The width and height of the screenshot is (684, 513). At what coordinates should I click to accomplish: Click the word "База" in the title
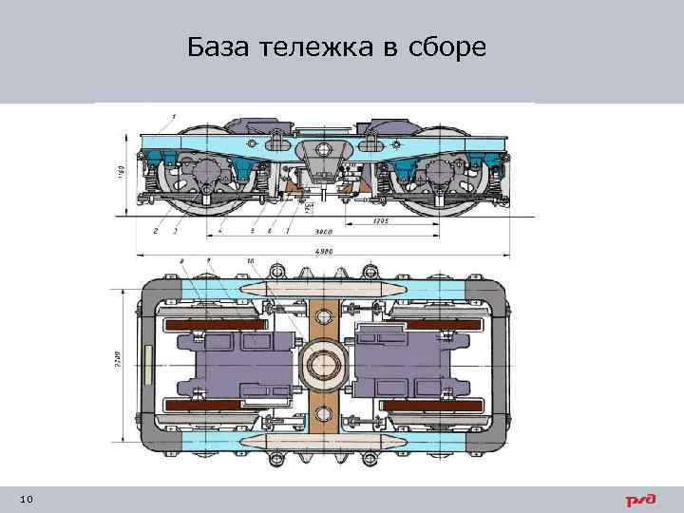pyautogui.click(x=218, y=47)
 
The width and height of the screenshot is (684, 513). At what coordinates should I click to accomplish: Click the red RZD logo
pyautogui.click(x=640, y=500)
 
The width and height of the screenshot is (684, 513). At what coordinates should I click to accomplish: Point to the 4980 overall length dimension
pyautogui.click(x=323, y=251)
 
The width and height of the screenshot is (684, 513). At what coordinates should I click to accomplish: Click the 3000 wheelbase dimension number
pyautogui.click(x=323, y=231)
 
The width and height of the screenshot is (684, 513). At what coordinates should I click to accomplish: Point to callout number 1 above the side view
pyautogui.click(x=174, y=115)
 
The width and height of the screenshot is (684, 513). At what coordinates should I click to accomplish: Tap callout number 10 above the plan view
pyautogui.click(x=250, y=260)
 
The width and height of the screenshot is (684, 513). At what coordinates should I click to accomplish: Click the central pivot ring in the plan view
pyautogui.click(x=323, y=363)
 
